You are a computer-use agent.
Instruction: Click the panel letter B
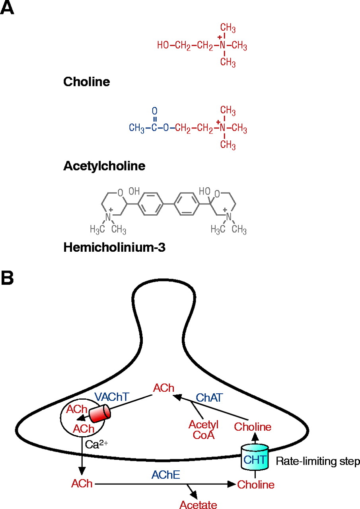click(7, 278)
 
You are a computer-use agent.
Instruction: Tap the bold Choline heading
click(86, 82)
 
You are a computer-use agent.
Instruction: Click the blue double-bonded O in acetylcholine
click(155, 111)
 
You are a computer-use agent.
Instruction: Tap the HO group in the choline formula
click(163, 46)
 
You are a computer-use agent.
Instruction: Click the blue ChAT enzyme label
click(208, 397)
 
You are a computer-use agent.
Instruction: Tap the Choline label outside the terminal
click(256, 484)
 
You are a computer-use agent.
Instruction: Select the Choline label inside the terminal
click(253, 427)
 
